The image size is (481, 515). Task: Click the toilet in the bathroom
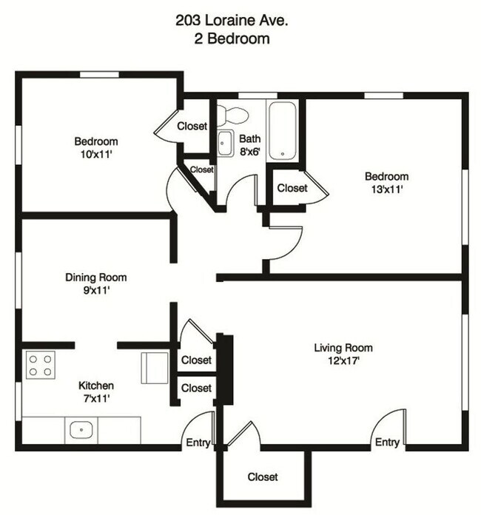tap(232, 114)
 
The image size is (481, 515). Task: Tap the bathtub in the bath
tap(283, 131)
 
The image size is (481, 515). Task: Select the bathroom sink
tap(225, 144)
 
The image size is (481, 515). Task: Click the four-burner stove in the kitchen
tap(41, 365)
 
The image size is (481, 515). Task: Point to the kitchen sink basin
tap(81, 429)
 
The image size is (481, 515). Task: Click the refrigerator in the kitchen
tap(155, 368)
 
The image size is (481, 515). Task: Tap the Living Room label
tap(343, 348)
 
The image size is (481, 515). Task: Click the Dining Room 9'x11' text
tap(96, 284)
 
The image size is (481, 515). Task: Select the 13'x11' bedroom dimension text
tap(387, 189)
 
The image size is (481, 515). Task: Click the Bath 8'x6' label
tap(249, 145)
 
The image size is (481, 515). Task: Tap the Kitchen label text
tap(96, 386)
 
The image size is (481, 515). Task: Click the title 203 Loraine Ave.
tap(232, 21)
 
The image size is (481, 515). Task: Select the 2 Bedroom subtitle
tap(232, 38)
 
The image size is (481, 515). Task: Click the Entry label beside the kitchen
tap(198, 442)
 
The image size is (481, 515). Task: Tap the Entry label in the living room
tap(387, 442)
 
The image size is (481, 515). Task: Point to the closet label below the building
tap(263, 477)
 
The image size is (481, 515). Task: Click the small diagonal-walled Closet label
tap(202, 169)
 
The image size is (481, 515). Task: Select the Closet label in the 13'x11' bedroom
tap(292, 188)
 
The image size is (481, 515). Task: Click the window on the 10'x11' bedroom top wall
tap(100, 75)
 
